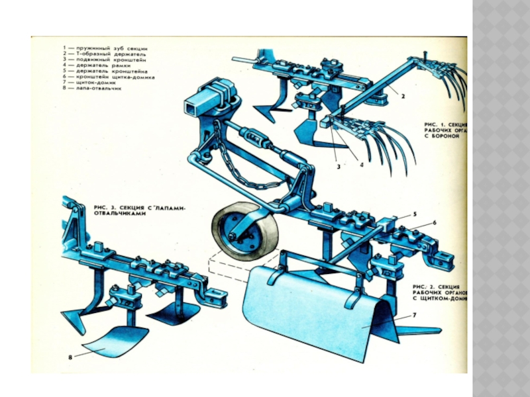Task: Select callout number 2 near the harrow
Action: [x=402, y=95]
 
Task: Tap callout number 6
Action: [x=435, y=223]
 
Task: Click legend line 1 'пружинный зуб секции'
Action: [x=106, y=48]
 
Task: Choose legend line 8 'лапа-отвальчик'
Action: [x=92, y=89]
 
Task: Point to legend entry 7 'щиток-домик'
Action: [x=90, y=83]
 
